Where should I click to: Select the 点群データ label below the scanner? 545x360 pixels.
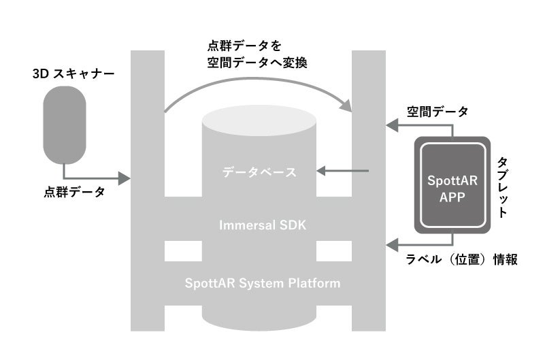[x=75, y=193]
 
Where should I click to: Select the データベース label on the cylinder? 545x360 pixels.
[x=259, y=172]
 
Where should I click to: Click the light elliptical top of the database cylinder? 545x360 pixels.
[x=259, y=122]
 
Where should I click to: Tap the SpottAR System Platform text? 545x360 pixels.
[x=263, y=282]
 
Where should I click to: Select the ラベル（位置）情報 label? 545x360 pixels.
[x=461, y=259]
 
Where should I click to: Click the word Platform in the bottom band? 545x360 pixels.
[x=314, y=282]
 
